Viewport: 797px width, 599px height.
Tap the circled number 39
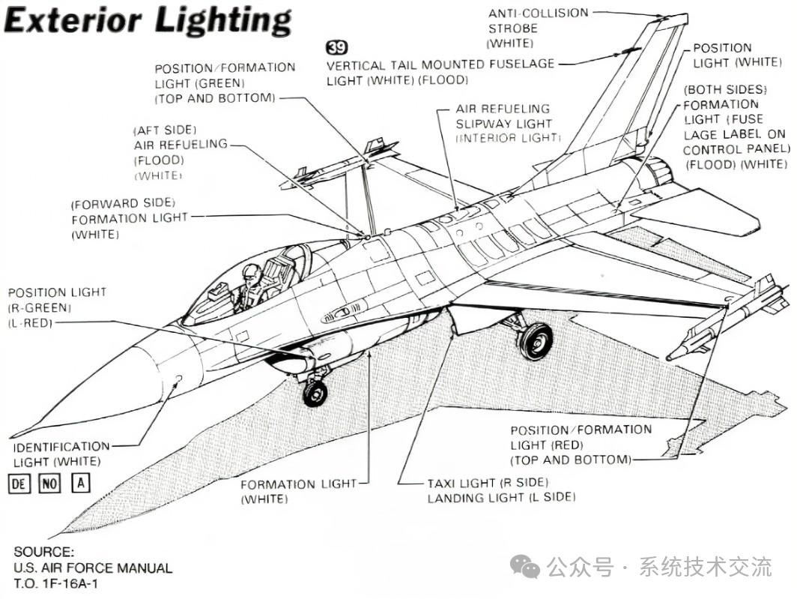[x=337, y=49]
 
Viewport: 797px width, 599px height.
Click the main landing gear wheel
[x=535, y=341]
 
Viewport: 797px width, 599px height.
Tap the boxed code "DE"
[x=19, y=483]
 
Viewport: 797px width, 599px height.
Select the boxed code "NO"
[x=49, y=483]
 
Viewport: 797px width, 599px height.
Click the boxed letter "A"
[x=80, y=483]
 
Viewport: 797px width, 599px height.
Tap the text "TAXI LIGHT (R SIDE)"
[x=488, y=483]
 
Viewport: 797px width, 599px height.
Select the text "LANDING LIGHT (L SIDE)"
[x=500, y=498]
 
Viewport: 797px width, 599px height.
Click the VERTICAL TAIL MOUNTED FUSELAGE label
[x=440, y=65]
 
